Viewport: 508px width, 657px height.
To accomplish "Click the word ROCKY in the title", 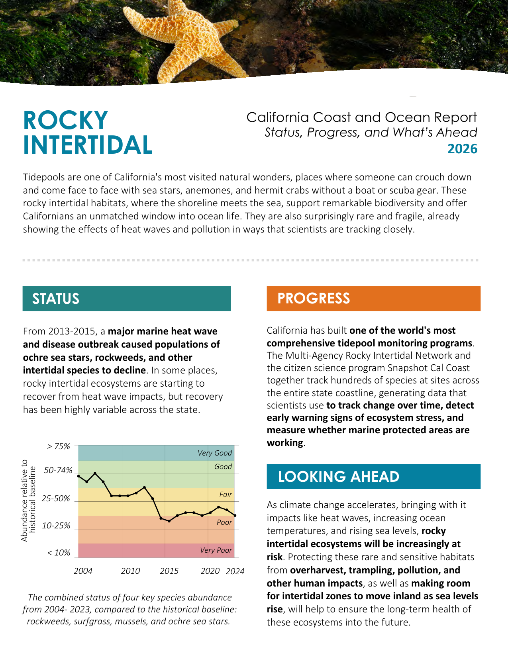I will point(66,120).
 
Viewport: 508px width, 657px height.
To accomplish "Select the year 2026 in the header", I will point(462,149).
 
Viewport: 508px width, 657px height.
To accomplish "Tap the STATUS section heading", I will point(56,299).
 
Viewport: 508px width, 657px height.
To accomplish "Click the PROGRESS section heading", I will point(314,298).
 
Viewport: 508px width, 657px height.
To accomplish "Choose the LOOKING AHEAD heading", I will point(338,477).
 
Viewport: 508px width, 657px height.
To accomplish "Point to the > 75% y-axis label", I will point(58,446).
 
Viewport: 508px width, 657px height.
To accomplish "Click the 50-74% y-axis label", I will point(58,470).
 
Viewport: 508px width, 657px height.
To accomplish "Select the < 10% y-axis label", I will point(59,553).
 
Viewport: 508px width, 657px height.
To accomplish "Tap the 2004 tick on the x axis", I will point(83,571).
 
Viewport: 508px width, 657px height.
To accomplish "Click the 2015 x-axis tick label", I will point(169,571).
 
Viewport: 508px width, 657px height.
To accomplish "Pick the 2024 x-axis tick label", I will point(235,571).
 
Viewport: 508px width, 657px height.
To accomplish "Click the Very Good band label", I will point(214,453).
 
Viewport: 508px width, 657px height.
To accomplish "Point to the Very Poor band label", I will point(216,550).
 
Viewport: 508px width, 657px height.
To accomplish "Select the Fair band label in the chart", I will point(226,495).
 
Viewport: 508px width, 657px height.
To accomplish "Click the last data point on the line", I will point(235,516).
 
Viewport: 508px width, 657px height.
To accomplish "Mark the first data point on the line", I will point(78,476).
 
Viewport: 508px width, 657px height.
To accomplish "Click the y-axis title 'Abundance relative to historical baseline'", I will point(28,500).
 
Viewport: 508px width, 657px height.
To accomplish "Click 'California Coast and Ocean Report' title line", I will point(361,117).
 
